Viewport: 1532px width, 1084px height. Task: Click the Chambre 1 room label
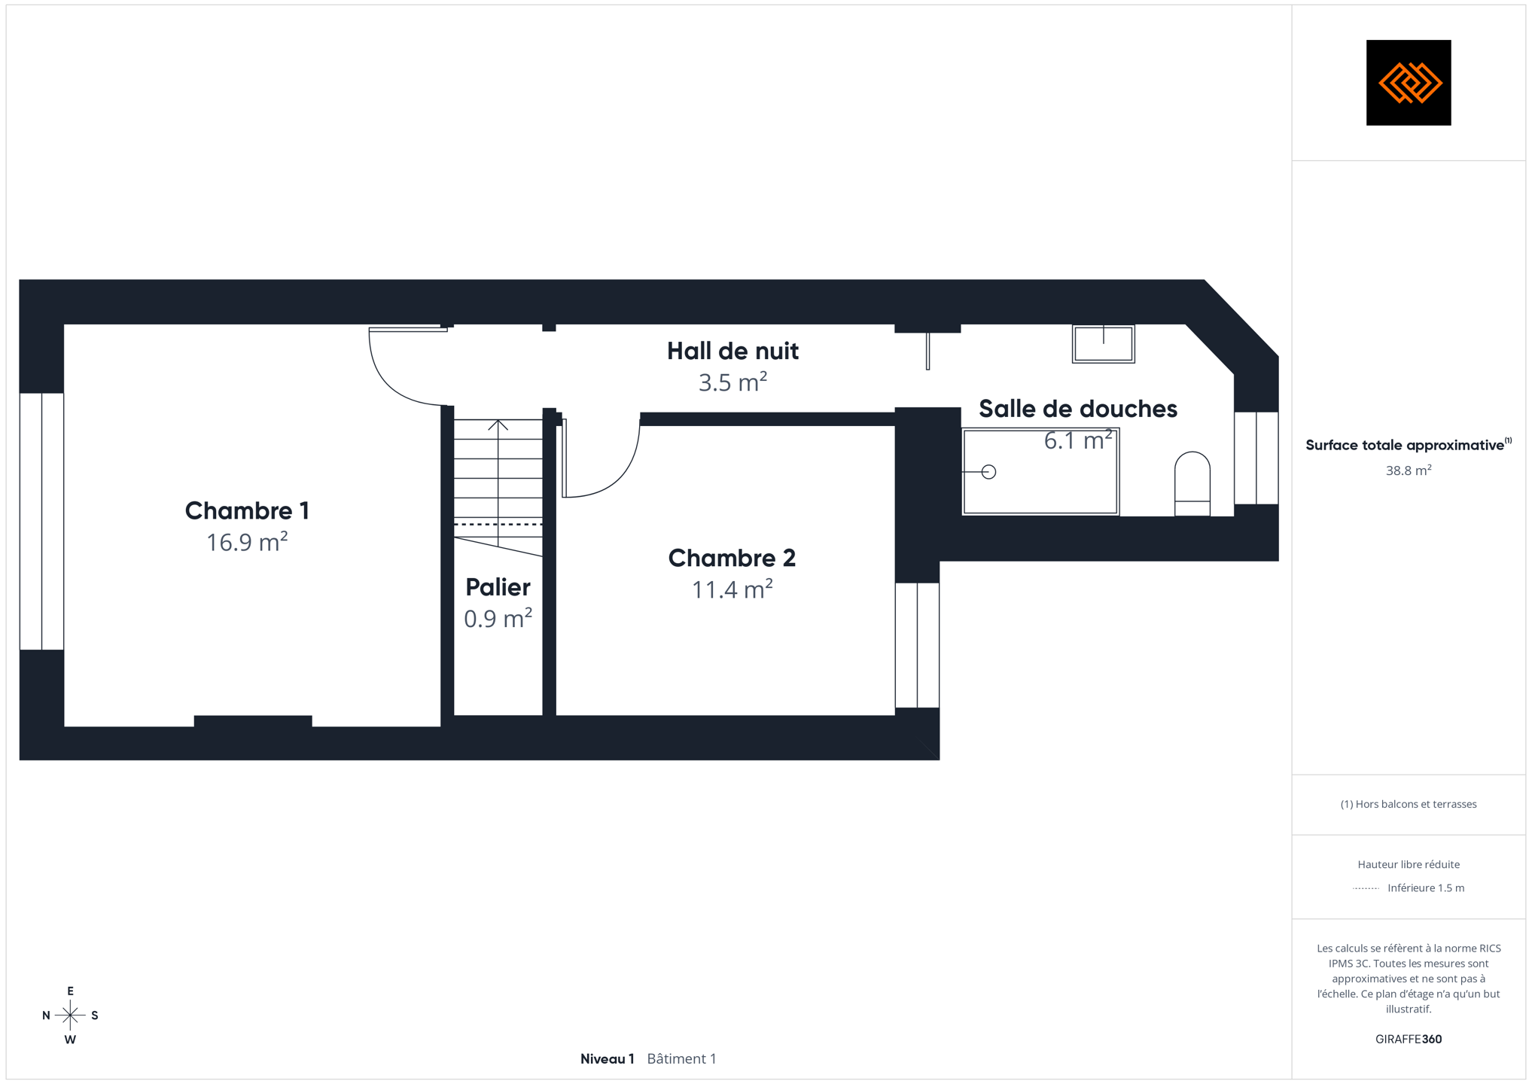coord(247,510)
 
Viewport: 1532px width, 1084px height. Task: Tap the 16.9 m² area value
coord(247,542)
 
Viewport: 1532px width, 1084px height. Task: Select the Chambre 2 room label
coord(732,558)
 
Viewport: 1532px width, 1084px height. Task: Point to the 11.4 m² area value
coord(732,589)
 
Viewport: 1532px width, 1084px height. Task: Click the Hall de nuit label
coord(732,351)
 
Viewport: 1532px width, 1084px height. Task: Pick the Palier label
coord(498,587)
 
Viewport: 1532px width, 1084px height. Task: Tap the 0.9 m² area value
coord(498,618)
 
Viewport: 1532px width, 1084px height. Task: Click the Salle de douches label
coord(1077,409)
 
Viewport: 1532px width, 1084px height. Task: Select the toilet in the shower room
coord(1192,483)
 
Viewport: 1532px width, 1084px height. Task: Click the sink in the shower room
coord(1104,344)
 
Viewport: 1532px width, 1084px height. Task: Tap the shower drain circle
coord(989,472)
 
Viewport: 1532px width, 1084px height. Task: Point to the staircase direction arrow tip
coord(498,421)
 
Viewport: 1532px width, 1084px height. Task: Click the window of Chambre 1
coord(41,521)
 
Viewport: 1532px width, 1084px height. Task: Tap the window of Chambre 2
coord(917,645)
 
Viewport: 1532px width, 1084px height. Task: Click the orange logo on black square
coord(1409,83)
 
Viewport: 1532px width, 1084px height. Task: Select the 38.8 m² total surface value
coord(1409,470)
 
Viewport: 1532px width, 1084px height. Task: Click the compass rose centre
coord(70,1015)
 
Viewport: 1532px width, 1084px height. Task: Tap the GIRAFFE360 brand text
coord(1409,1039)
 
